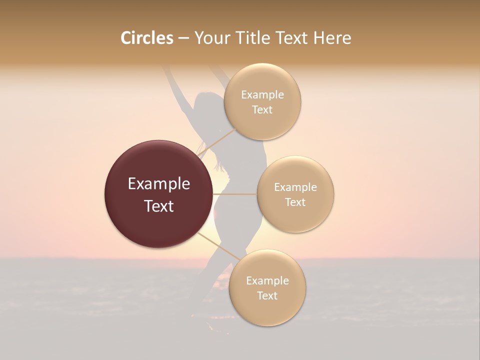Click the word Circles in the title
click(146, 38)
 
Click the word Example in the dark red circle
click(159, 184)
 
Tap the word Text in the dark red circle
click(159, 206)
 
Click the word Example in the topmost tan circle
click(262, 95)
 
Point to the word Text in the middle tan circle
click(295, 202)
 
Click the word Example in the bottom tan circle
click(267, 281)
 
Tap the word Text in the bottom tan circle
click(267, 295)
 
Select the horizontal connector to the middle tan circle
click(235, 194)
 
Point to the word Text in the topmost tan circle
click(262, 109)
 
